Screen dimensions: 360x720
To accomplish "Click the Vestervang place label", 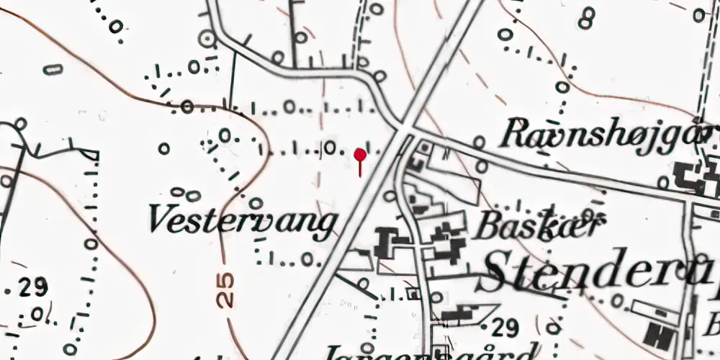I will pos(243,220).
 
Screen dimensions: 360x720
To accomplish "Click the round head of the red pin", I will pos(360,154).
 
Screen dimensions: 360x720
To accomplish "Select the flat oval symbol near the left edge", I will pos(53,70).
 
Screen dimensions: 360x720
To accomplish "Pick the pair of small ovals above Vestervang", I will pos(185,194).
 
